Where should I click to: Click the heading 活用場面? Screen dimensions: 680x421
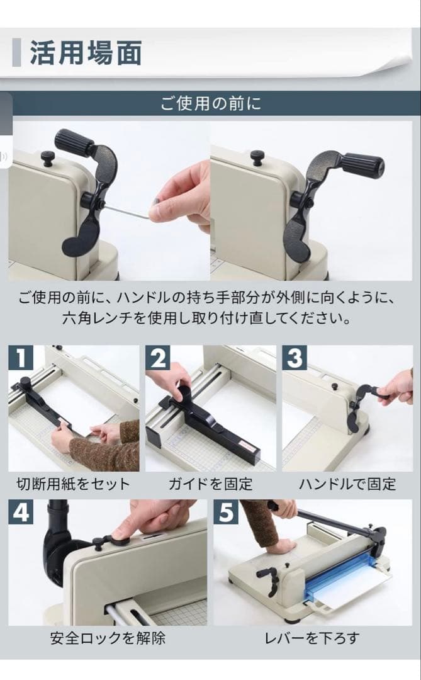[86, 53]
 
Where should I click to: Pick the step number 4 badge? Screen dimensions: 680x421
[21, 513]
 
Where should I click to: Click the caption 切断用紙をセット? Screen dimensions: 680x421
[73, 484]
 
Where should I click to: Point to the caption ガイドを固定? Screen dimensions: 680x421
[210, 484]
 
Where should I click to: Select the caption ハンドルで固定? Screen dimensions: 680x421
[347, 484]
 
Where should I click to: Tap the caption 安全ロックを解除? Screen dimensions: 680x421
[108, 638]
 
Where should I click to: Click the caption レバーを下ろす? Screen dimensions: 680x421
[313, 638]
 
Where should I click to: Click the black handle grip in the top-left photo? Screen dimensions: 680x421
[74, 142]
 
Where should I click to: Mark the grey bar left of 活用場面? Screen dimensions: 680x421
[16, 53]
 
